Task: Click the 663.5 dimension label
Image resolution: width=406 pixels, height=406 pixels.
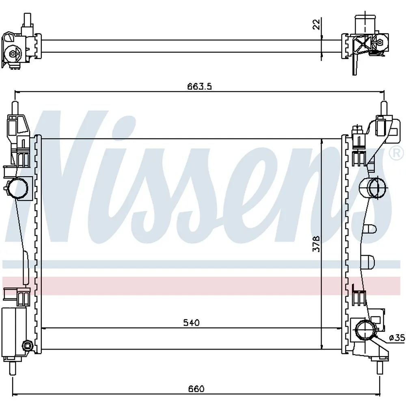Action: pyautogui.click(x=199, y=86)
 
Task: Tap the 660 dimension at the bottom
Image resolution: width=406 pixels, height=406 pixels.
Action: pyautogui.click(x=196, y=389)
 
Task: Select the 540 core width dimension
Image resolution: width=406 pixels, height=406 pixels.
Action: pyautogui.click(x=191, y=323)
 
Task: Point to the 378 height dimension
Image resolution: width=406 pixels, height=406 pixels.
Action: pyautogui.click(x=316, y=243)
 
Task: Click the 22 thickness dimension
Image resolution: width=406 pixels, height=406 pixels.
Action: pyautogui.click(x=316, y=24)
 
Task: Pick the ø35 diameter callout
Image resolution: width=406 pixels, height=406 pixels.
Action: pyautogui.click(x=397, y=338)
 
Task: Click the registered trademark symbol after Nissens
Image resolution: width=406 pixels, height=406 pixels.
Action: pyautogui.click(x=396, y=153)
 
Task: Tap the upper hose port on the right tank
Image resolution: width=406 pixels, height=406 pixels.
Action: pyautogui.click(x=373, y=188)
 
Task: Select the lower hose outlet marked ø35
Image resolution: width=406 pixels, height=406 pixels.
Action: pyautogui.click(x=365, y=330)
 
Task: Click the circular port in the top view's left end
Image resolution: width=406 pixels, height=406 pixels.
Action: pyautogui.click(x=13, y=54)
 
